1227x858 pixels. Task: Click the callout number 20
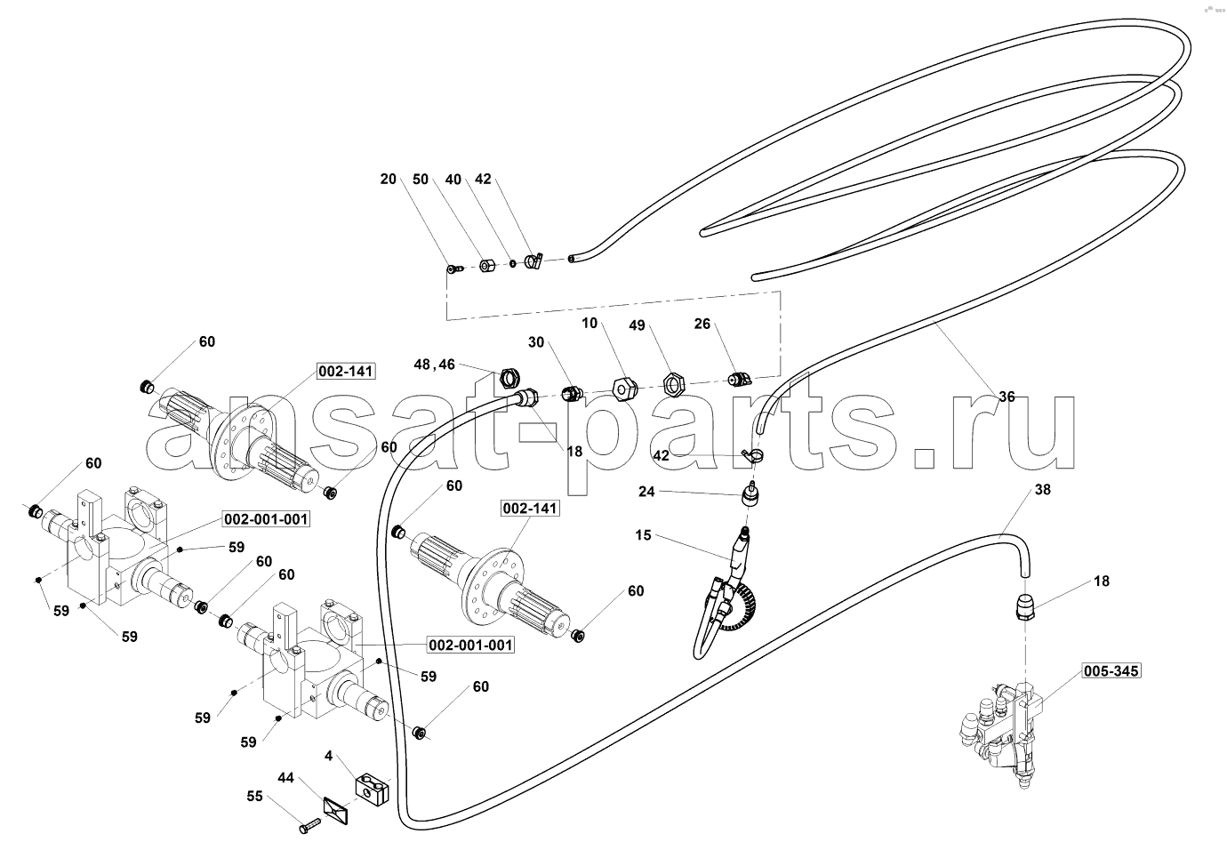tap(388, 180)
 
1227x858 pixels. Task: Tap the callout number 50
tap(421, 180)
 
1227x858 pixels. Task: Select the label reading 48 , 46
tap(435, 365)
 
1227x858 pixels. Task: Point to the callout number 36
tap(1006, 397)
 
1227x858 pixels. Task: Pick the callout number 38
tap(1042, 489)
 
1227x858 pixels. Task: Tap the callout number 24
tap(646, 492)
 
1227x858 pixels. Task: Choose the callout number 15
tap(643, 534)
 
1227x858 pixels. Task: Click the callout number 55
tap(254, 796)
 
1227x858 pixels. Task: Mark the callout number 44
tap(285, 777)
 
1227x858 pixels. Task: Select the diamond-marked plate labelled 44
tap(336, 810)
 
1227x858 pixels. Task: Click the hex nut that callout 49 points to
tap(672, 383)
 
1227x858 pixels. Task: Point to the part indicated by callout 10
tap(625, 389)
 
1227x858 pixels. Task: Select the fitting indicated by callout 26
tap(740, 378)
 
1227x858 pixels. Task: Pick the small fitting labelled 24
tap(750, 493)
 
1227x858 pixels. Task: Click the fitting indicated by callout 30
tap(573, 393)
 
